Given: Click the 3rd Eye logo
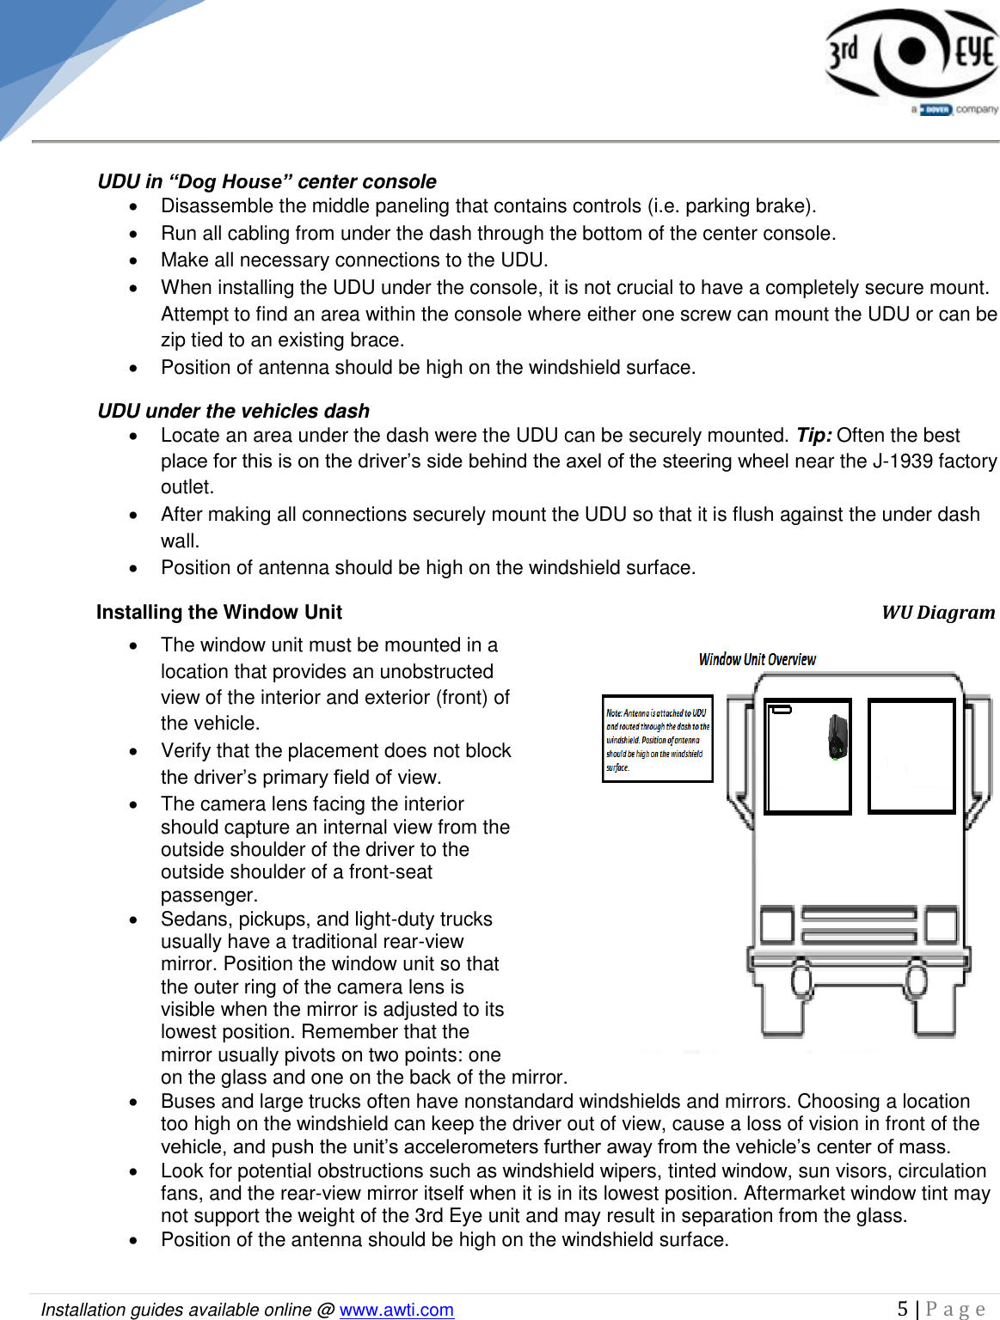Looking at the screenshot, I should click(911, 53).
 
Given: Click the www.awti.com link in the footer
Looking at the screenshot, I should click(396, 1310).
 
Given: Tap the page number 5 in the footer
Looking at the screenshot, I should click(902, 1309).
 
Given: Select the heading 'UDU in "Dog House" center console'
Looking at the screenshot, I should click(267, 181).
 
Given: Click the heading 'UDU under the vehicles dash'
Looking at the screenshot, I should click(233, 411).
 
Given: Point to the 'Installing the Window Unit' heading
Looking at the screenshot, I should click(218, 612).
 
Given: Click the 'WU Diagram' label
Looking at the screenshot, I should click(937, 612).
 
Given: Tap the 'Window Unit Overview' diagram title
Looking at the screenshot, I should click(757, 659).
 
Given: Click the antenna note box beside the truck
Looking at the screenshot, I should click(657, 739).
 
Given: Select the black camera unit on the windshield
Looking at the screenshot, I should click(837, 737).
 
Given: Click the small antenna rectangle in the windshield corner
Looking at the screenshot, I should click(781, 710).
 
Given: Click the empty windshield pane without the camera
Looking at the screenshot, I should click(911, 756).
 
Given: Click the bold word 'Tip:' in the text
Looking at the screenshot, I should click(813, 435).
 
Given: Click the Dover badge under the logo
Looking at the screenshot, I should click(936, 109).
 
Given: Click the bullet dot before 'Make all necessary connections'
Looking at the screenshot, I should click(133, 260).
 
